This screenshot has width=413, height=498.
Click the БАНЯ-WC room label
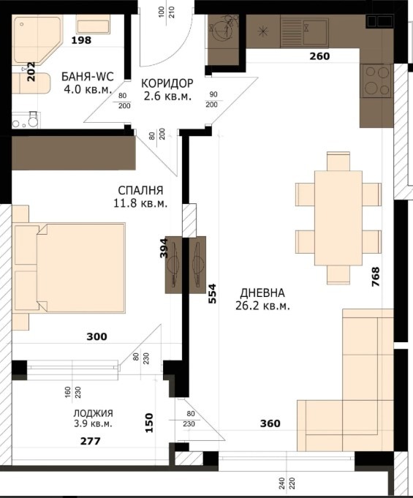pyautogui.click(x=87, y=77)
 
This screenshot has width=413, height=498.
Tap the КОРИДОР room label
pyautogui.click(x=167, y=83)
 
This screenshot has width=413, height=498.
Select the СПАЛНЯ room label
pyautogui.click(x=140, y=191)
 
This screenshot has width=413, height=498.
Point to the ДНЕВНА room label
pyautogui.click(x=262, y=293)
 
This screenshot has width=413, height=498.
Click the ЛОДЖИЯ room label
pyautogui.click(x=93, y=413)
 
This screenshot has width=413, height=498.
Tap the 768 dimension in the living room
pyautogui.click(x=376, y=277)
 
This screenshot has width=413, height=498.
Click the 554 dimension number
pyautogui.click(x=212, y=294)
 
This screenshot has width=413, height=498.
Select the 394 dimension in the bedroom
pyautogui.click(x=163, y=249)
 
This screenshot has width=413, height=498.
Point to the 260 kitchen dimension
pyautogui.click(x=319, y=56)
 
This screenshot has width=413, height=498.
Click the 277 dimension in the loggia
pyautogui.click(x=91, y=441)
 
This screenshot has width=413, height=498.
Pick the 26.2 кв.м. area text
pyautogui.click(x=262, y=306)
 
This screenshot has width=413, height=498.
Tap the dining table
pyautogui.click(x=338, y=218)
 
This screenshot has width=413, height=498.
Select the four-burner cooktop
pyautogui.click(x=376, y=80)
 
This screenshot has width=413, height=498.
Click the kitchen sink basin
pyautogui.click(x=315, y=31)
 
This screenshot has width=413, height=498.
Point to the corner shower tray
pyautogui.click(x=37, y=40)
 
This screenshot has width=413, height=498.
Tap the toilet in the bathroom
pyautogui.click(x=31, y=119)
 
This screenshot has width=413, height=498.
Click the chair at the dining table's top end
pyautogui.click(x=338, y=162)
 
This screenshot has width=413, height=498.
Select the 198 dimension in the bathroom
pyautogui.click(x=81, y=40)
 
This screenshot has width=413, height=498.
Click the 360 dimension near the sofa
pyautogui.click(x=270, y=423)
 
